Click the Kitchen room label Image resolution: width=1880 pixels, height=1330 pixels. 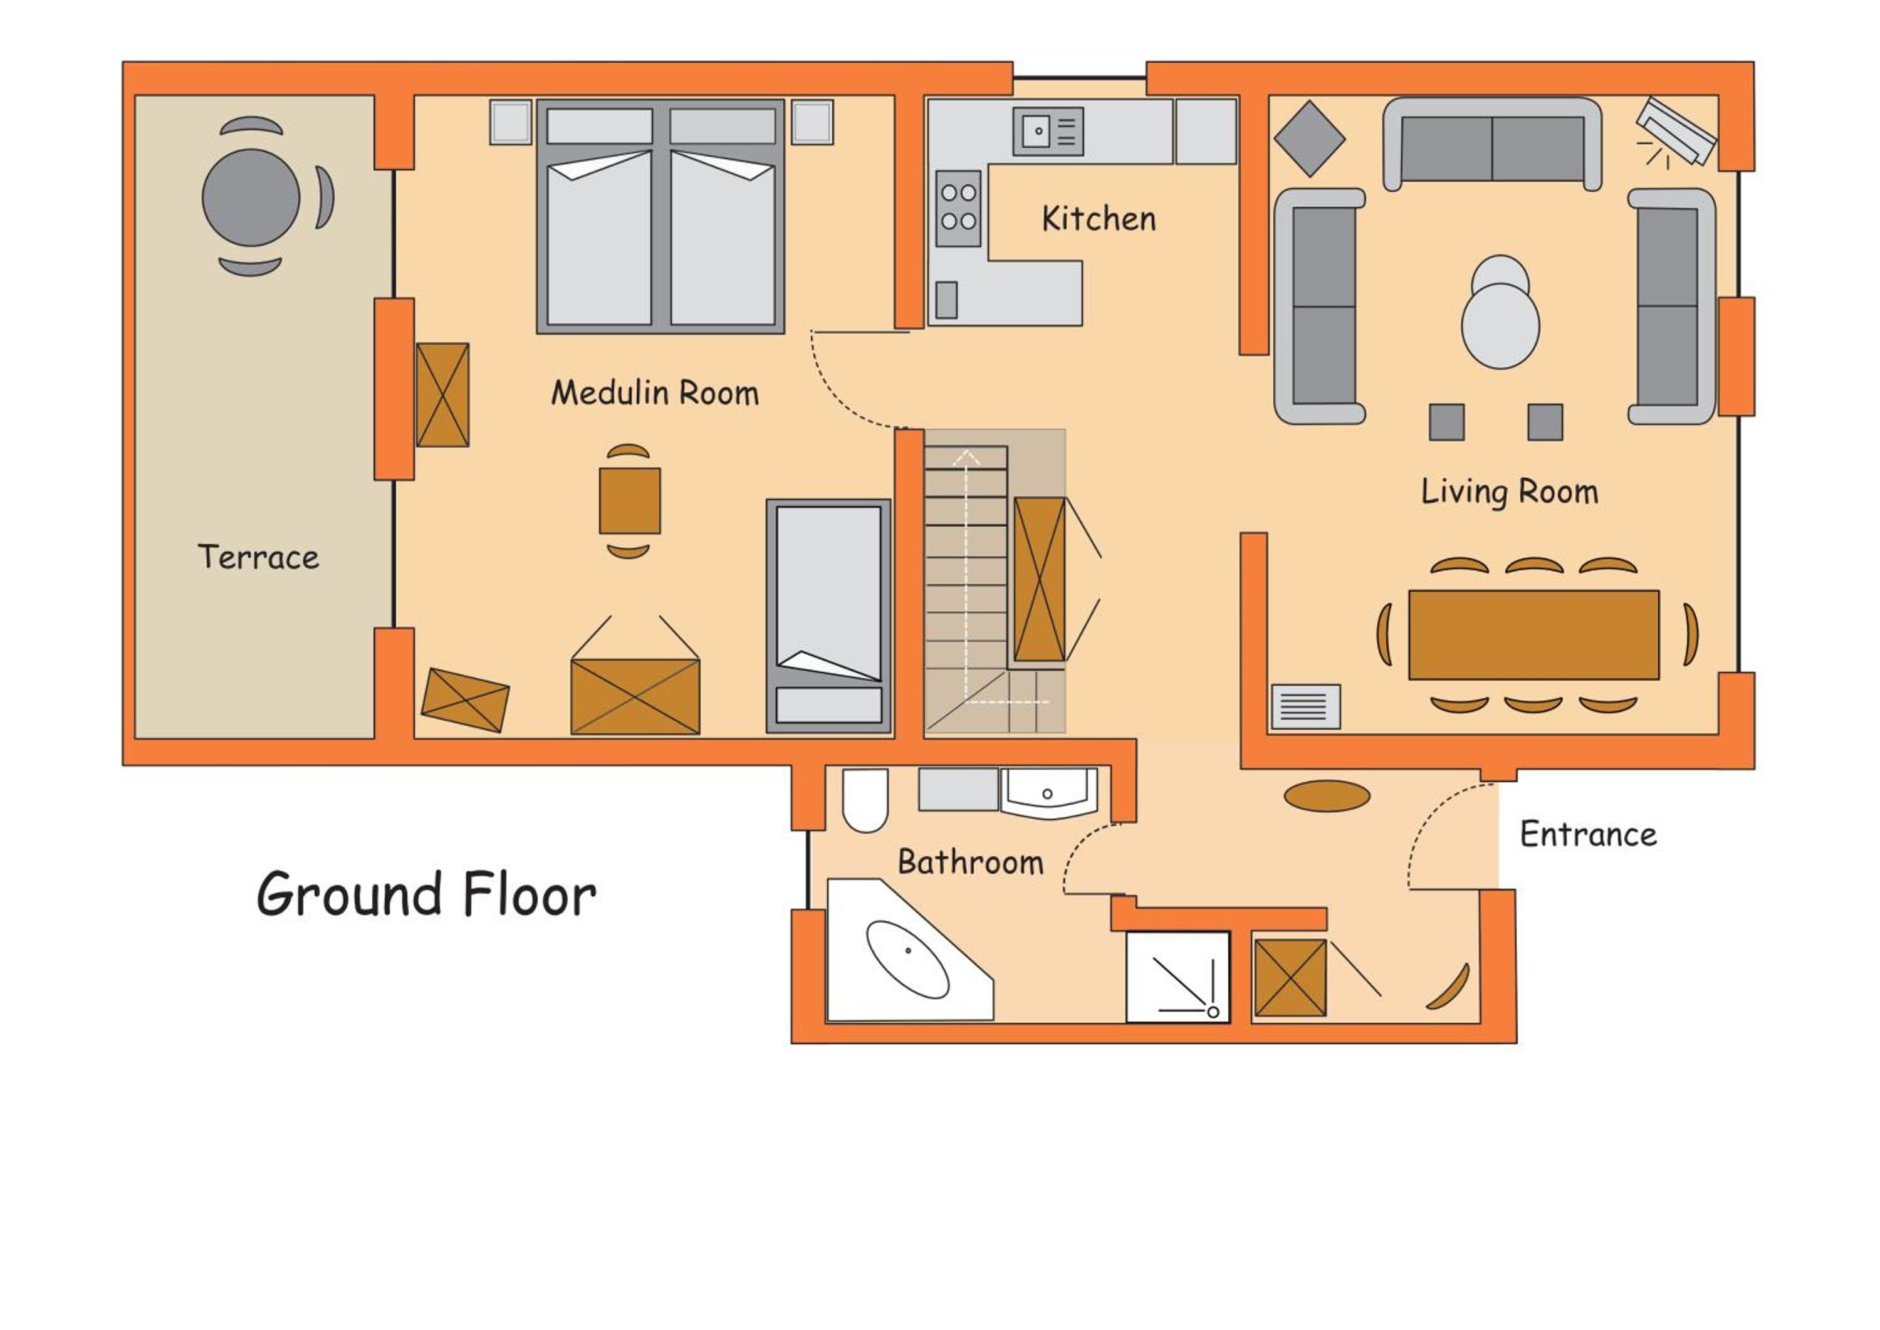point(1099,219)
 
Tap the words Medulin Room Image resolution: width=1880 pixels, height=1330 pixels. point(655,393)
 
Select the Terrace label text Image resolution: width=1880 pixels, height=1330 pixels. point(259,557)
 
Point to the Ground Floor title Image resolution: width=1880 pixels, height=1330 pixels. point(427,894)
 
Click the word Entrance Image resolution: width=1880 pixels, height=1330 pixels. point(1589,834)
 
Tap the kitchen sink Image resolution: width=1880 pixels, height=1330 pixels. point(1048,131)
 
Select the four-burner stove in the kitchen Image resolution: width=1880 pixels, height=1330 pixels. point(958,208)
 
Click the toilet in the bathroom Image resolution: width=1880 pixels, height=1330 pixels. point(865,800)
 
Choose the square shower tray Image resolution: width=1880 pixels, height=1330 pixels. point(1178,977)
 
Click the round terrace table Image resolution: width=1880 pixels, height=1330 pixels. point(251,197)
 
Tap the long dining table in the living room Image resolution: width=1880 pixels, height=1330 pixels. point(1533,635)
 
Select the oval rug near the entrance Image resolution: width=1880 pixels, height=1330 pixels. point(1327,795)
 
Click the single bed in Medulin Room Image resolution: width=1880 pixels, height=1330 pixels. point(828,616)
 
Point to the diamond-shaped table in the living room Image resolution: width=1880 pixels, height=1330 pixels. point(1310,139)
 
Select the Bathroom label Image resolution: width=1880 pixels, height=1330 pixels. point(970,862)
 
